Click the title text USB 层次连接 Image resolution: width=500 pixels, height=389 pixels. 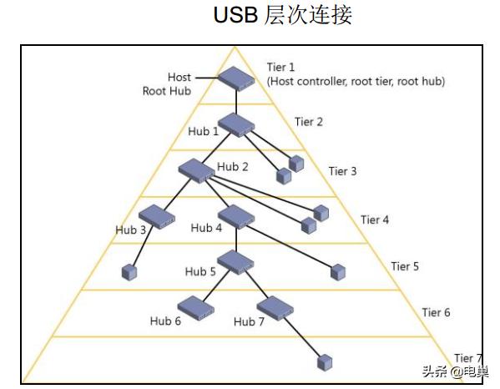tap(283, 16)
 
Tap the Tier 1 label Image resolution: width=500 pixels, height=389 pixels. tap(281, 67)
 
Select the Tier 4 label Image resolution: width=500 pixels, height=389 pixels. tap(375, 220)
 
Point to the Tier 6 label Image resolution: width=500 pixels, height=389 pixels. tap(436, 312)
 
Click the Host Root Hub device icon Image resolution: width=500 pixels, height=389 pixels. tap(237, 78)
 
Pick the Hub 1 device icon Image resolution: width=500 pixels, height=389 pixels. tap(236, 124)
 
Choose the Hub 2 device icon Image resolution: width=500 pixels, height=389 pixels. tap(197, 170)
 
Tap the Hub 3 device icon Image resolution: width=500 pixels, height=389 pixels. tap(156, 217)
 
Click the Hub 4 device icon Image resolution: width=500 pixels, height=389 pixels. tap(235, 217)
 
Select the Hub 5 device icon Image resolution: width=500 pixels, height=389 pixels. tap(235, 262)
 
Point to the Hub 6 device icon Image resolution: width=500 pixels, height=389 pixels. tap(196, 309)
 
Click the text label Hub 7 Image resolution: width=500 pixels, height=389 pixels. tap(249, 322)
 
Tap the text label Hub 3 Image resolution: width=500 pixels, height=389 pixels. tap(130, 229)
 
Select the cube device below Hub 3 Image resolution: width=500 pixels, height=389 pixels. tap(129, 272)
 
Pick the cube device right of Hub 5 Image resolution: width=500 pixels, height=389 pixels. tap(337, 271)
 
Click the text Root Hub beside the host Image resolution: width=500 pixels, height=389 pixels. tap(167, 91)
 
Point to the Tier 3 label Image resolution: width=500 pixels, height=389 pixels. tap(342, 171)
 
